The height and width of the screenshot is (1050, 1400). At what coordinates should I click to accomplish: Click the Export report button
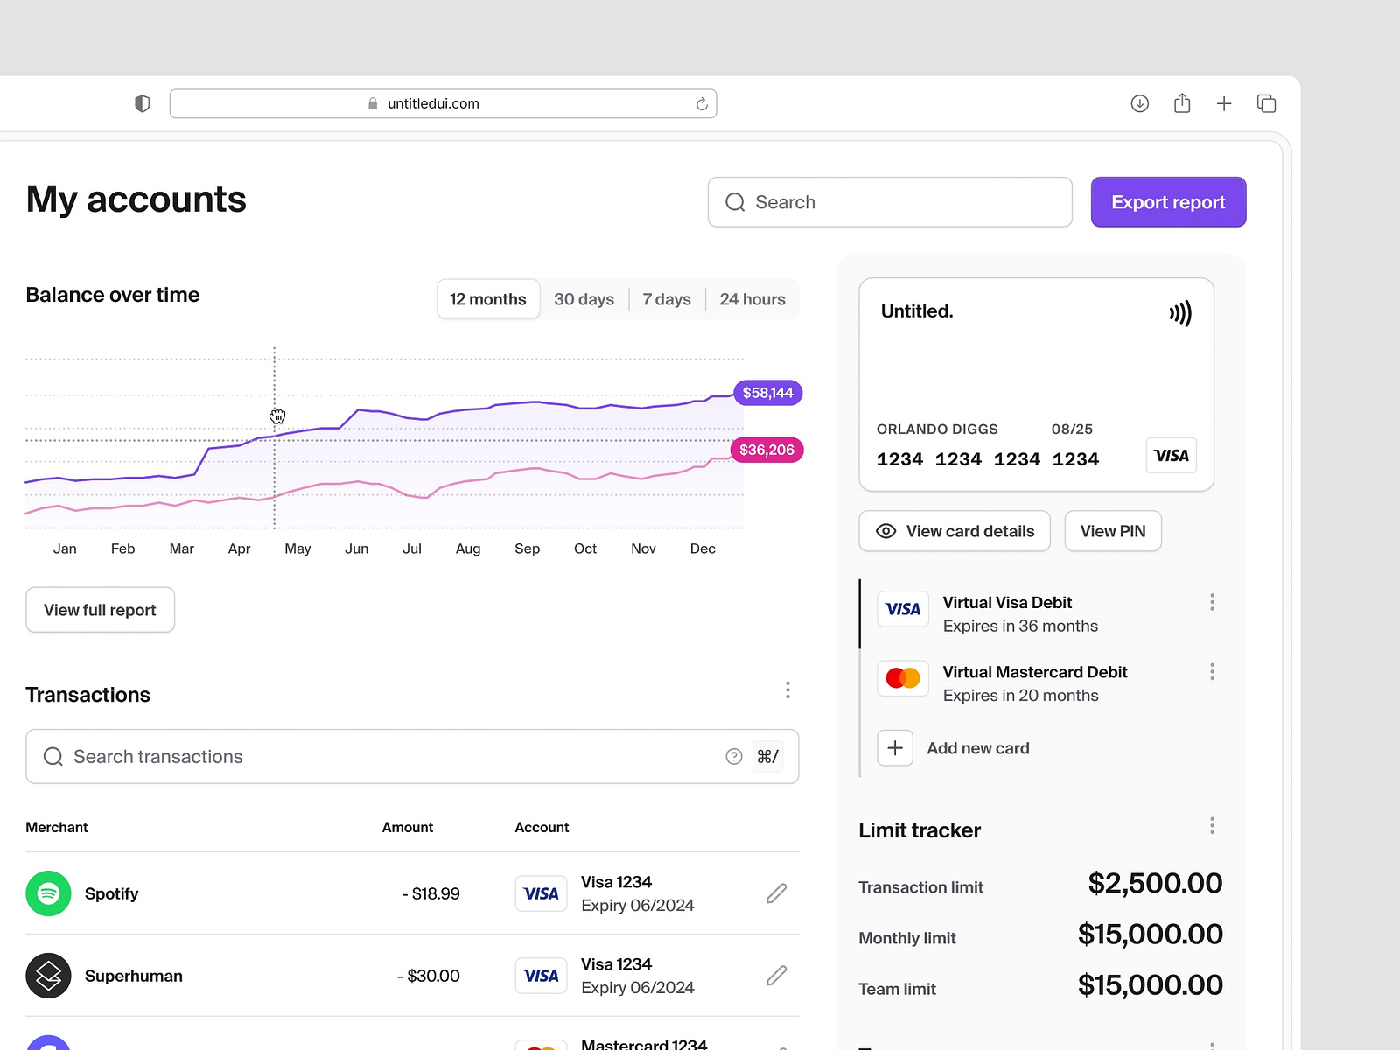point(1168,202)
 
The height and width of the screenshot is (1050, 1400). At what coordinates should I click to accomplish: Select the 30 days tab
point(584,299)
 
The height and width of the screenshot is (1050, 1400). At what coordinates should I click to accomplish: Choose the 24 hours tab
point(752,299)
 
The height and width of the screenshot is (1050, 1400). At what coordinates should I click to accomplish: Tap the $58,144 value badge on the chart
point(767,393)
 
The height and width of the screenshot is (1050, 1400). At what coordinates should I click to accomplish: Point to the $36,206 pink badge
point(766,450)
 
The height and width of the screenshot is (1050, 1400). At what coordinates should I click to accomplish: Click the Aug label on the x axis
point(468,549)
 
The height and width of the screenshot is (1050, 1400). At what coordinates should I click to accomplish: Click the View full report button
point(100,610)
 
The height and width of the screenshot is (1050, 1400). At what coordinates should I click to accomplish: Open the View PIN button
point(1112,531)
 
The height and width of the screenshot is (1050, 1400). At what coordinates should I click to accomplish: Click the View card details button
point(955,531)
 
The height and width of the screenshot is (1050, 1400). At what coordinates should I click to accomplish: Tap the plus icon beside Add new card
point(895,748)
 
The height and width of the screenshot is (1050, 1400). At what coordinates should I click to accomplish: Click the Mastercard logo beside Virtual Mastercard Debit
point(902,678)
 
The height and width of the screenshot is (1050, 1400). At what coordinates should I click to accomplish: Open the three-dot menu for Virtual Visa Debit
point(1212,602)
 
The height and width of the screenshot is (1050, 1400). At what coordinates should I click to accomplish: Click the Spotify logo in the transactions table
point(48,893)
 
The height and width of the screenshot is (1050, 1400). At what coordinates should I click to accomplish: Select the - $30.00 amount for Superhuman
point(429,976)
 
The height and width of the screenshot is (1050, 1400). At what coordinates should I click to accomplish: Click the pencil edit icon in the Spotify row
point(776,893)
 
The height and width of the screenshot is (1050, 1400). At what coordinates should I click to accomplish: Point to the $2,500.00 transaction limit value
point(1154,883)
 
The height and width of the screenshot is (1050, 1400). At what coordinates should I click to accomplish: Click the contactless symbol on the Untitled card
point(1180,313)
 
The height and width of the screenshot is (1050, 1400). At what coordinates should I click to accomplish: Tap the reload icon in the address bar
point(702,104)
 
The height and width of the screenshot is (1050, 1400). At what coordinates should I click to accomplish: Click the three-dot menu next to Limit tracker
point(1212,826)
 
